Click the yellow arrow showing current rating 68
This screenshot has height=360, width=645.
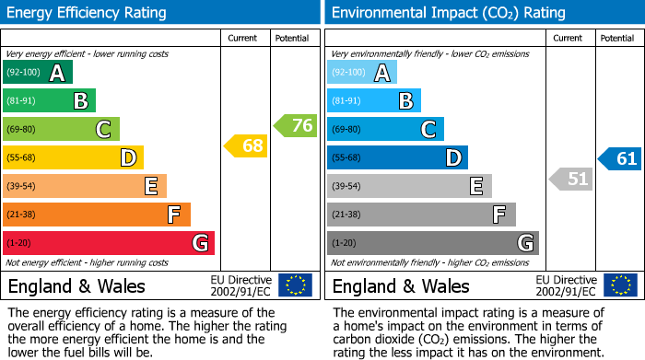(245, 145)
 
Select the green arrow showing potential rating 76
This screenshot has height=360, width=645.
(296, 125)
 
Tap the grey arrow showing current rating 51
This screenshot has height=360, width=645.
(570, 179)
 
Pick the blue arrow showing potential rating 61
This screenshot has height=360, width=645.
(620, 158)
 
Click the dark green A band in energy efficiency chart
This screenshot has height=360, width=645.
(38, 73)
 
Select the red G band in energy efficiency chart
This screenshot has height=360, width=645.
(109, 243)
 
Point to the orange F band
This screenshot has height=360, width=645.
(97, 215)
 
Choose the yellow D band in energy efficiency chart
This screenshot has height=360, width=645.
(73, 157)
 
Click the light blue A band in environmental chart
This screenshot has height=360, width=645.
(362, 73)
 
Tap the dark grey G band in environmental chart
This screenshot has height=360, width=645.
(433, 243)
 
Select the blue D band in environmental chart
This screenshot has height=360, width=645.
(397, 157)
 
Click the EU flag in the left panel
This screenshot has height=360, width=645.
(296, 285)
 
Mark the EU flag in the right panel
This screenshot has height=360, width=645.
(620, 285)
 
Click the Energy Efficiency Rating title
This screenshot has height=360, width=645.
(88, 13)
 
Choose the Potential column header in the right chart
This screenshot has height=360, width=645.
(617, 38)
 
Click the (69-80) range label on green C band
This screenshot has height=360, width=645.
(23, 130)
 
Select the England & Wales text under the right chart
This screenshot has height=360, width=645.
(401, 285)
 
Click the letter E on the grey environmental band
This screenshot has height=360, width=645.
(476, 186)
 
